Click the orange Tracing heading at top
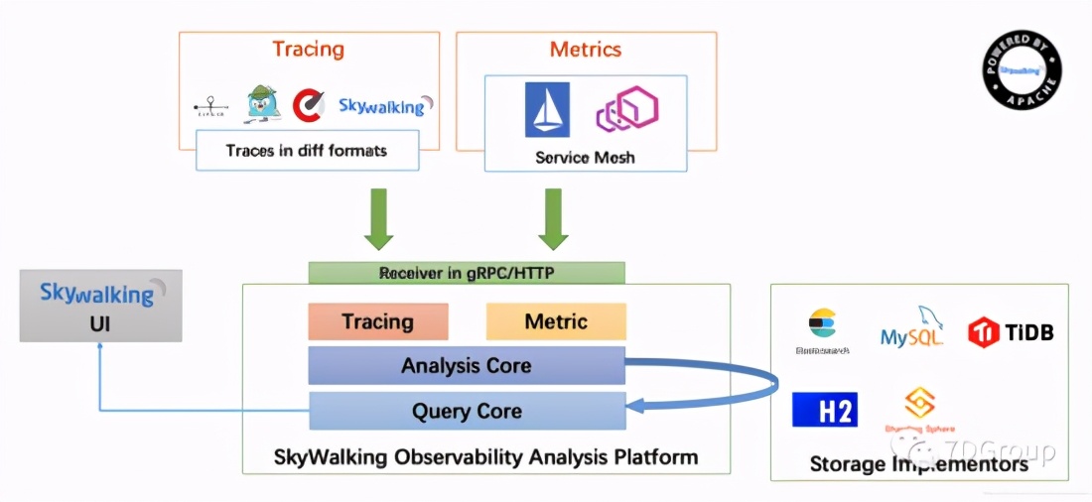pos(308,49)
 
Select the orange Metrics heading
pos(585,49)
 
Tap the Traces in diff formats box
pos(306,152)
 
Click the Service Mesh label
pos(585,157)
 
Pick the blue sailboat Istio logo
pos(547,109)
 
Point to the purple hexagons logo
pos(626,109)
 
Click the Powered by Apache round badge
pos(1022,68)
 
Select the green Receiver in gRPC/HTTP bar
pos(467,273)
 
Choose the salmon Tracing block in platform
pos(378,321)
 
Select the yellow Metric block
pos(556,321)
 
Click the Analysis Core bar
pos(467,365)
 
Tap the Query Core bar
pos(467,411)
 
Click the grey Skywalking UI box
pos(100,306)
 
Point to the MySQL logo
pos(911,328)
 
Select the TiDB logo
pos(1011,331)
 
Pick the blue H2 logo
pos(824,410)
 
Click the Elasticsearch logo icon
pos(822,322)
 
